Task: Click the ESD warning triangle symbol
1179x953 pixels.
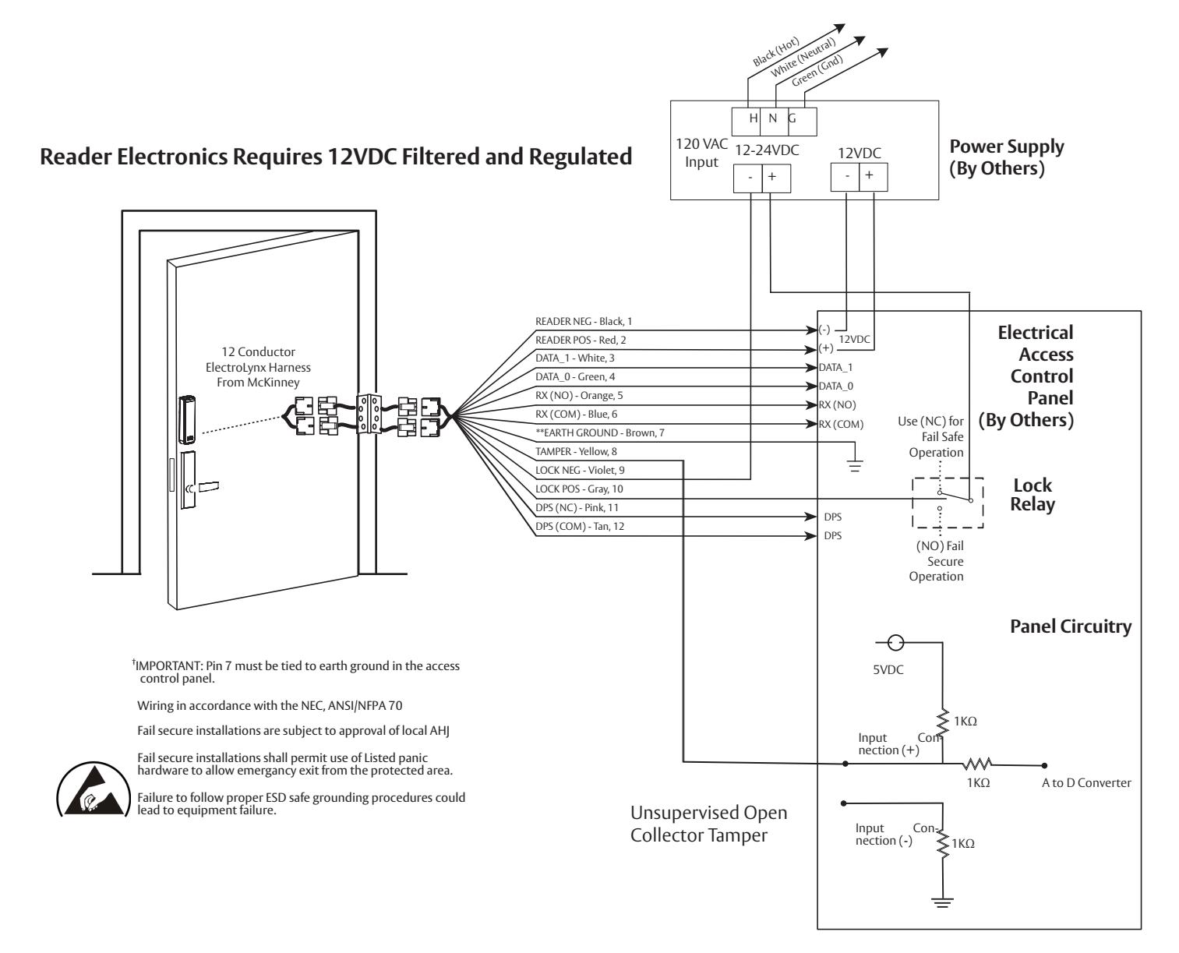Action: (94, 790)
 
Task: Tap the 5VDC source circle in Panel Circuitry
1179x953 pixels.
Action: (895, 643)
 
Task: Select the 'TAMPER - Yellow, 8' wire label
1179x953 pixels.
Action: (576, 452)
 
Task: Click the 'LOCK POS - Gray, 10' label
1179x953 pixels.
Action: (579, 489)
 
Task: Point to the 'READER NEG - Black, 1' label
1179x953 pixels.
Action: (584, 322)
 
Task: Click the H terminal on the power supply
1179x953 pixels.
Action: (747, 122)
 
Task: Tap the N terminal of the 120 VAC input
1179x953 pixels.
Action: (774, 122)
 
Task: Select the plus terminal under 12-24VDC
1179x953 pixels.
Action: (776, 178)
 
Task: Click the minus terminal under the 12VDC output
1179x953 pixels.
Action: (845, 177)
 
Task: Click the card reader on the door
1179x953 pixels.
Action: (186, 419)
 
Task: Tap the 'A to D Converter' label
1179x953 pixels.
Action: (1086, 782)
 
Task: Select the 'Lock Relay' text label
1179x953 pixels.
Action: (1033, 494)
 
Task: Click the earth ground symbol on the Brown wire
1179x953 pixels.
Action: (855, 465)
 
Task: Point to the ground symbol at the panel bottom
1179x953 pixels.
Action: (942, 902)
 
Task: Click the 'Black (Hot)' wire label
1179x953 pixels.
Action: (776, 51)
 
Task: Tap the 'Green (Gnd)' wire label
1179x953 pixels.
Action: (817, 70)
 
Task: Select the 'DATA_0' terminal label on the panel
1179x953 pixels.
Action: (836, 386)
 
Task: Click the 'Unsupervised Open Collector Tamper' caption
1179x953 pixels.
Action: (708, 824)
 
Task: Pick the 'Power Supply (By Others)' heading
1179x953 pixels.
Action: (1006, 157)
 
